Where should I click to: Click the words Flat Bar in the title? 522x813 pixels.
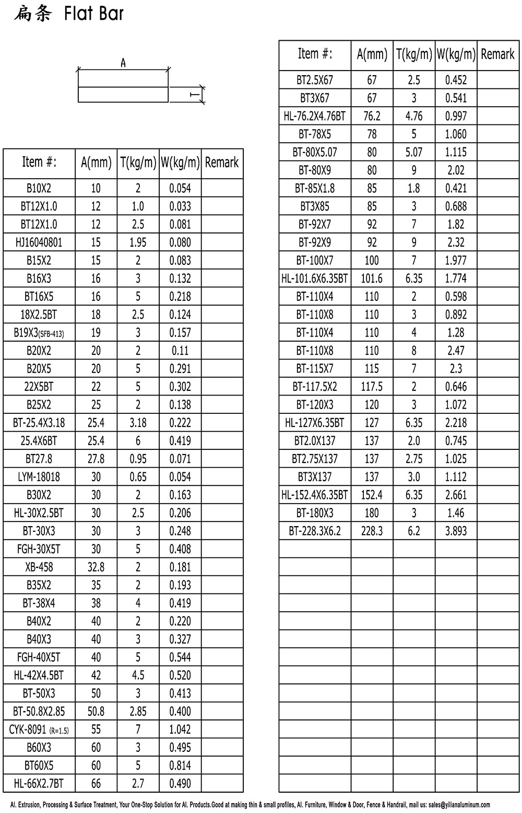click(94, 14)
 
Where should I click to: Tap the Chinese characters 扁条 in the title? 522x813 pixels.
click(32, 14)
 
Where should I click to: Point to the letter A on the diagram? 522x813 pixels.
click(123, 63)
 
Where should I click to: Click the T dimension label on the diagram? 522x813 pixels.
click(194, 95)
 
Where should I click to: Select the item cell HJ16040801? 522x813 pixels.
click(39, 242)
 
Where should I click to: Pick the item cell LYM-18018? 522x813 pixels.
click(39, 477)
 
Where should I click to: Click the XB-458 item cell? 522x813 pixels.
click(39, 567)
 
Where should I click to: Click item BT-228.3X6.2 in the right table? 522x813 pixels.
click(315, 531)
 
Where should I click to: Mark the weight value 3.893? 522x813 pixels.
click(456, 531)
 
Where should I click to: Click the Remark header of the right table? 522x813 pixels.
click(497, 54)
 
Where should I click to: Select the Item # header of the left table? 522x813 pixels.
click(39, 162)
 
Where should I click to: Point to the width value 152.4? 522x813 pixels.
click(372, 495)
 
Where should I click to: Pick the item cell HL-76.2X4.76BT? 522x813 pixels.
click(315, 116)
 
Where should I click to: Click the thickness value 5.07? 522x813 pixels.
click(414, 153)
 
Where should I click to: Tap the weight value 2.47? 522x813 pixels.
click(456, 351)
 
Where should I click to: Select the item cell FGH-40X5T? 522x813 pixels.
click(39, 658)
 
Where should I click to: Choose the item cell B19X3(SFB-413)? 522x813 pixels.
click(39, 333)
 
